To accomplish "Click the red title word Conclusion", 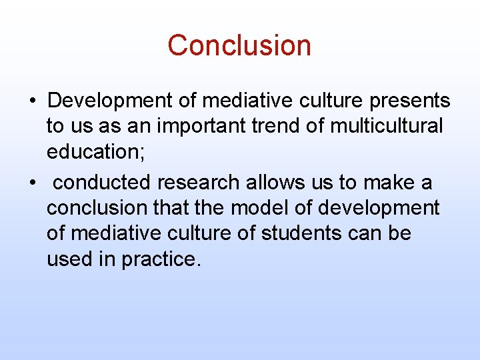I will (239, 45).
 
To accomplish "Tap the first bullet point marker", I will (32, 101).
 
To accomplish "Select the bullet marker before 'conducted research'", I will (32, 183).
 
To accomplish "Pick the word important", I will (199, 126).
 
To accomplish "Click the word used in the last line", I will (69, 259).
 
